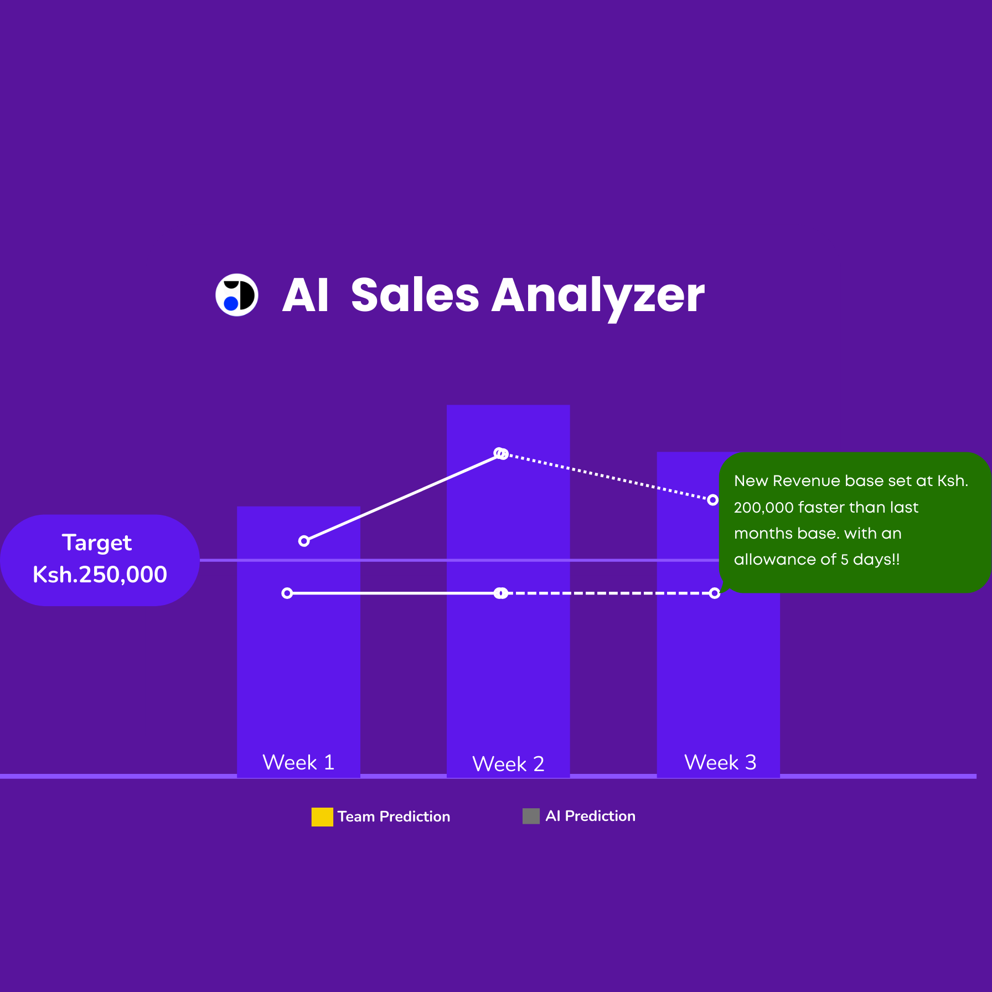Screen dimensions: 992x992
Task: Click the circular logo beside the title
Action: pyautogui.click(x=237, y=295)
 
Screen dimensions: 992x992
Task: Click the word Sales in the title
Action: pyautogui.click(x=415, y=295)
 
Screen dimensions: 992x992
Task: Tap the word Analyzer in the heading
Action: pyautogui.click(x=598, y=298)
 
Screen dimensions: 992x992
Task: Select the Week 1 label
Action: pyautogui.click(x=298, y=762)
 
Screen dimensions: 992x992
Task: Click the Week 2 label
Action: pyautogui.click(x=508, y=764)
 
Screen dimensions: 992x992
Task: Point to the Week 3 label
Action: pyautogui.click(x=720, y=762)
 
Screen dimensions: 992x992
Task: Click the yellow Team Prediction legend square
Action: pyautogui.click(x=322, y=817)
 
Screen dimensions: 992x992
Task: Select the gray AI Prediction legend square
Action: pyautogui.click(x=531, y=816)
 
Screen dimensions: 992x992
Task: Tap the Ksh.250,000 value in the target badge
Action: pyautogui.click(x=100, y=575)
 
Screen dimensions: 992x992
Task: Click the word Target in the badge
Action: pyautogui.click(x=97, y=543)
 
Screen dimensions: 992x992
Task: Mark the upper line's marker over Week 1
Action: pyautogui.click(x=304, y=541)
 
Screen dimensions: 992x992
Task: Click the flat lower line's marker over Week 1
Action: pyautogui.click(x=287, y=593)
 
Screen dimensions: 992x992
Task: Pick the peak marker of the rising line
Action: pyautogui.click(x=501, y=454)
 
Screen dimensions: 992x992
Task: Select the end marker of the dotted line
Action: pyautogui.click(x=713, y=500)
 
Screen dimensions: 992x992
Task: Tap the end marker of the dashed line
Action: pyautogui.click(x=715, y=593)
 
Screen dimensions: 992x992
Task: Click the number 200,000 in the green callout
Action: pyautogui.click(x=764, y=508)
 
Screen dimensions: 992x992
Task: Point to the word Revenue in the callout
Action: pyautogui.click(x=806, y=481)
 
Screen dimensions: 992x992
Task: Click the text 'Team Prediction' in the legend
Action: pyautogui.click(x=394, y=817)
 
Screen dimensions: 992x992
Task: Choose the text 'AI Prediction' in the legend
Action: pyautogui.click(x=590, y=816)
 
